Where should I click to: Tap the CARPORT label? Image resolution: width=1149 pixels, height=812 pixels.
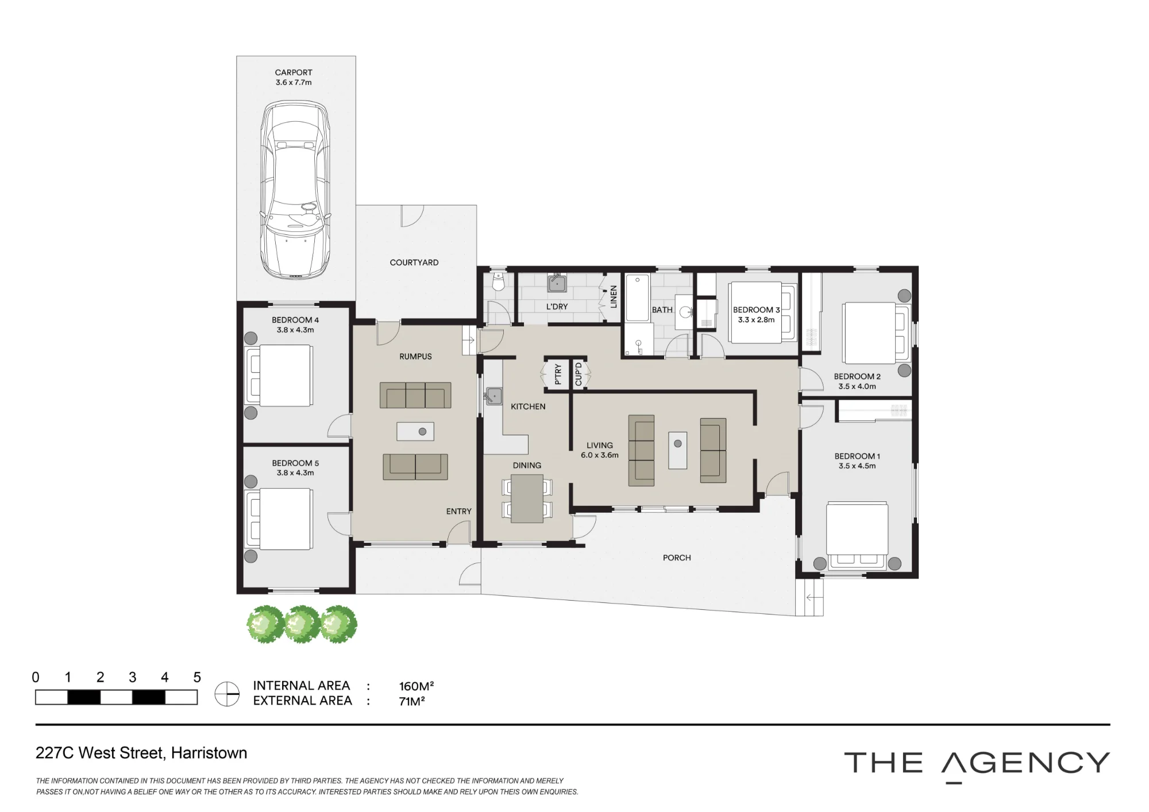294,72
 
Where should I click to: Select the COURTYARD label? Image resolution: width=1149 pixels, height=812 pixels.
414,262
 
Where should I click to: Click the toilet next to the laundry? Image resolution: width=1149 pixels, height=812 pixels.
498,281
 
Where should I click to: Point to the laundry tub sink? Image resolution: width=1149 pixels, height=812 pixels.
557,283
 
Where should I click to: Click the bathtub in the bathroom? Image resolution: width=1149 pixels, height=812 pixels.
637,298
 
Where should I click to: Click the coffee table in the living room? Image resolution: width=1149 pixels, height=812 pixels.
678,450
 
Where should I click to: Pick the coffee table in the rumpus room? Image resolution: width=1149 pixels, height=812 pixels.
415,431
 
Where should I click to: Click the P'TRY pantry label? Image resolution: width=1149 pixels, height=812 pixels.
558,374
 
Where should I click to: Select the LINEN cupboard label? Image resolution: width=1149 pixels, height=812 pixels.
613,296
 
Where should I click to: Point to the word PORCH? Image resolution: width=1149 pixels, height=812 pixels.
677,558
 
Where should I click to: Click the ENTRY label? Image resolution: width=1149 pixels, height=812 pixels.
458,511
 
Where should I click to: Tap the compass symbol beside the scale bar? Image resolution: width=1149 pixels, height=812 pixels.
227,694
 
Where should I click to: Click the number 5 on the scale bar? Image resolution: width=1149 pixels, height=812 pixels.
197,677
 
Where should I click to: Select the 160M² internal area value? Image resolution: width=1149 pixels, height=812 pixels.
417,686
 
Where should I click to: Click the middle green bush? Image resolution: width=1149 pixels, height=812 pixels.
302,624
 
